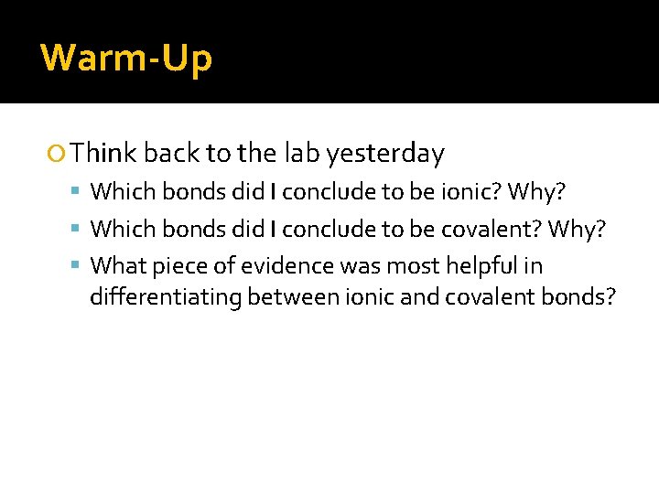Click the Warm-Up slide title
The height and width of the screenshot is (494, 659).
(126, 58)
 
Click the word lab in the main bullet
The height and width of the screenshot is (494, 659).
(301, 154)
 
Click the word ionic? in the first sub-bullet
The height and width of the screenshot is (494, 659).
(470, 192)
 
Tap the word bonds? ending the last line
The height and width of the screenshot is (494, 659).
(584, 297)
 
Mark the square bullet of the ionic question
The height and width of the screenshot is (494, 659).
(78, 193)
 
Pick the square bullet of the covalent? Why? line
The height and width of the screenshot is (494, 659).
(78, 230)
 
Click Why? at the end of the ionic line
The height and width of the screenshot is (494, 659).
(536, 192)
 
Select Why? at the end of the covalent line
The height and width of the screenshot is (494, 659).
(577, 229)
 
